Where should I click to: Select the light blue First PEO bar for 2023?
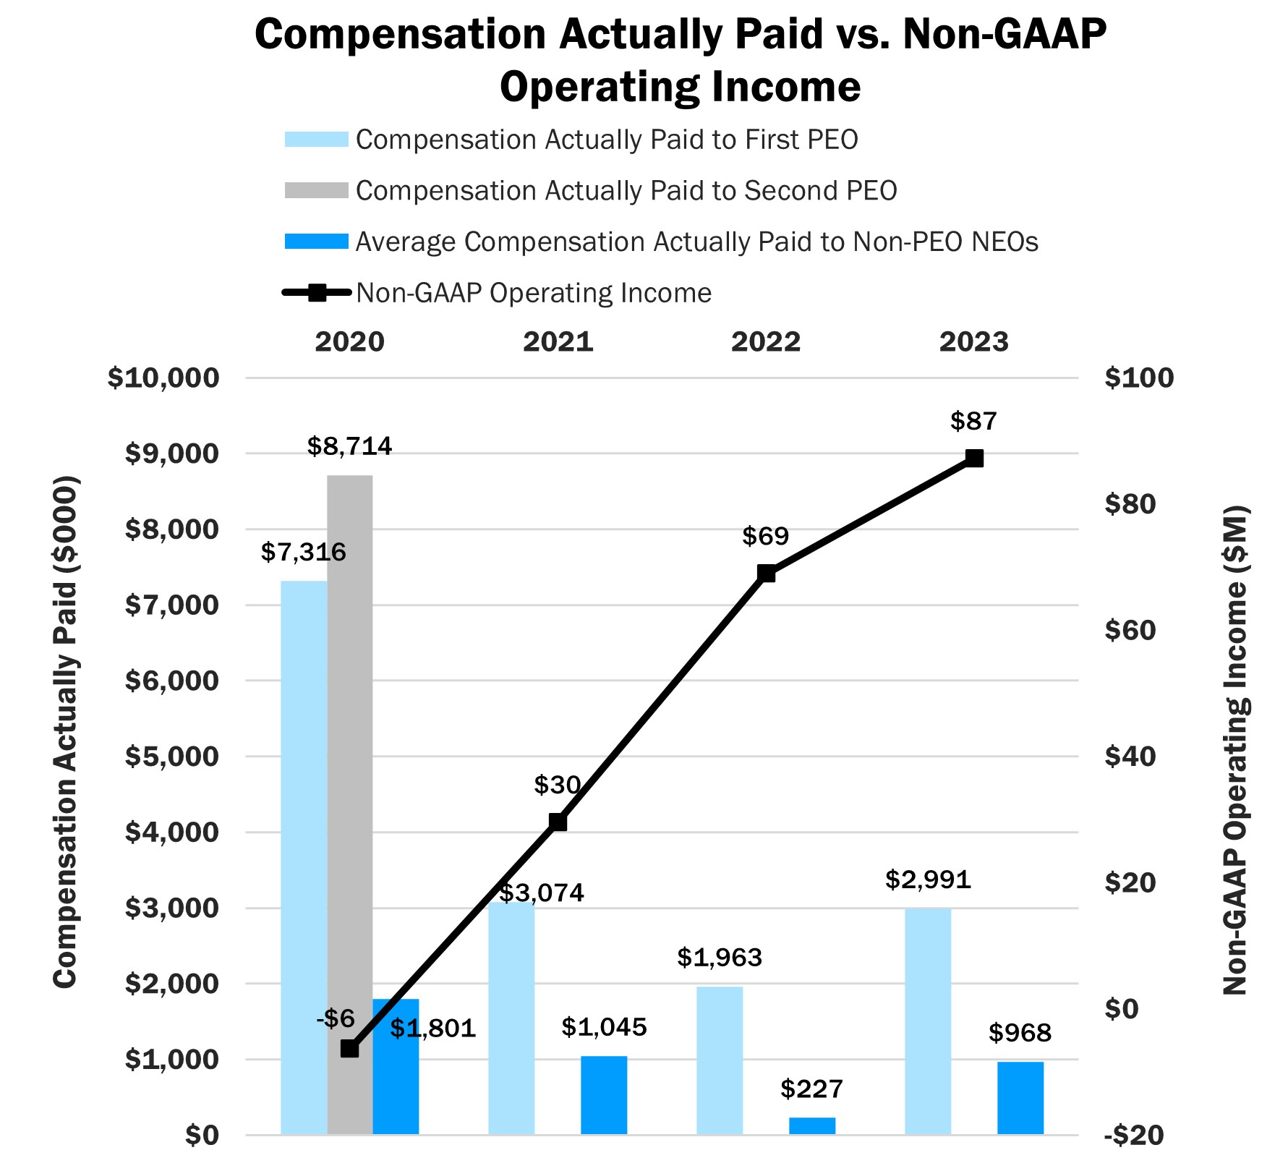coord(928,1020)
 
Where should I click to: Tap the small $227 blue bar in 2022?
coord(811,1125)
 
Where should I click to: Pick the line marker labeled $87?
coord(974,459)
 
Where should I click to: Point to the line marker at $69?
coord(767,574)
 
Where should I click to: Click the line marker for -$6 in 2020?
coord(350,1048)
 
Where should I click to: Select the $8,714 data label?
coord(350,446)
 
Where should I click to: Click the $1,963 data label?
coord(720,958)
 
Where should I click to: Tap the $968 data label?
coord(1020,1033)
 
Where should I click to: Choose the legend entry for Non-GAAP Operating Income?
coord(534,293)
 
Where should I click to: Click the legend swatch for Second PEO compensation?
coord(316,190)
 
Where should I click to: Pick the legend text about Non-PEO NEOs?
coord(696,242)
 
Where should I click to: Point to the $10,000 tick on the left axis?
coord(163,378)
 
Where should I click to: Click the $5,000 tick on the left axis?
coord(172,757)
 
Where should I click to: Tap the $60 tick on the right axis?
coord(1130,630)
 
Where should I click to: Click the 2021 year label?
coord(558,342)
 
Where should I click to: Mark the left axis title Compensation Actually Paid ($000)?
coord(65,731)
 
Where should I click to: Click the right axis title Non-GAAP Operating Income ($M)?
coord(1235,749)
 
